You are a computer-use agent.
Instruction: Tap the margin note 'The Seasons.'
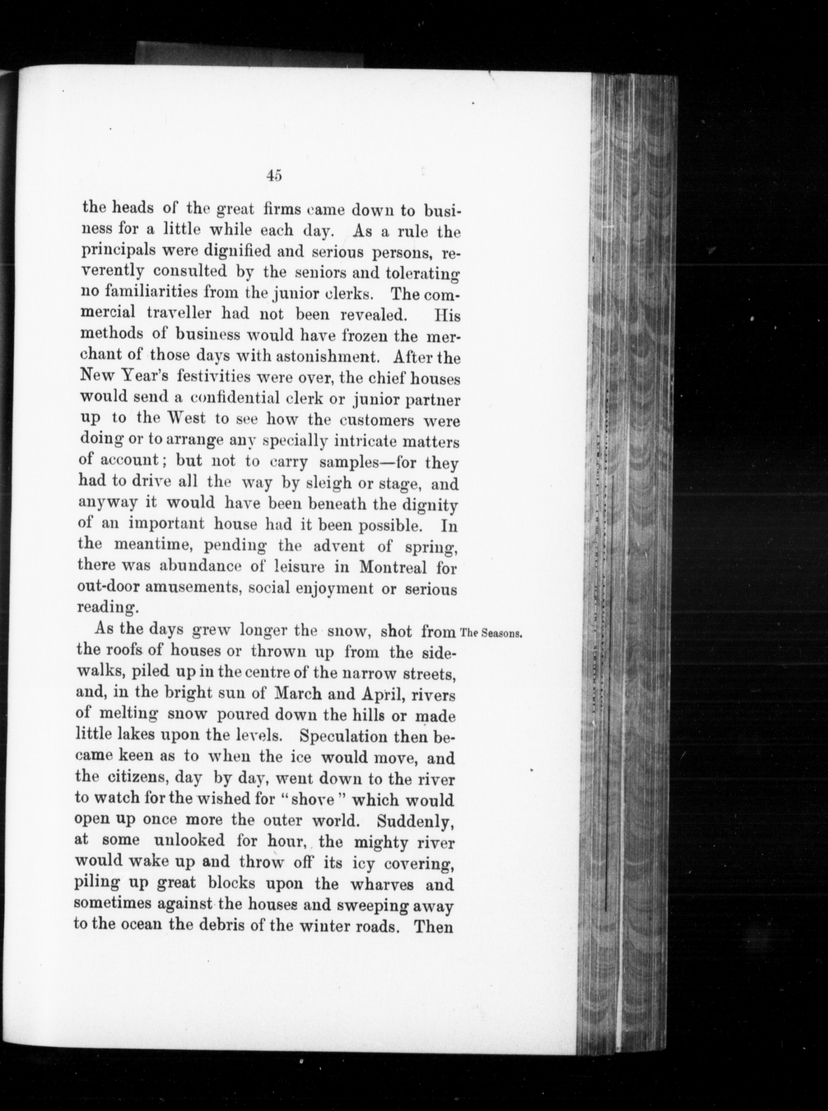(491, 633)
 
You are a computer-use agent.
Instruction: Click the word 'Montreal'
(392, 568)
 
